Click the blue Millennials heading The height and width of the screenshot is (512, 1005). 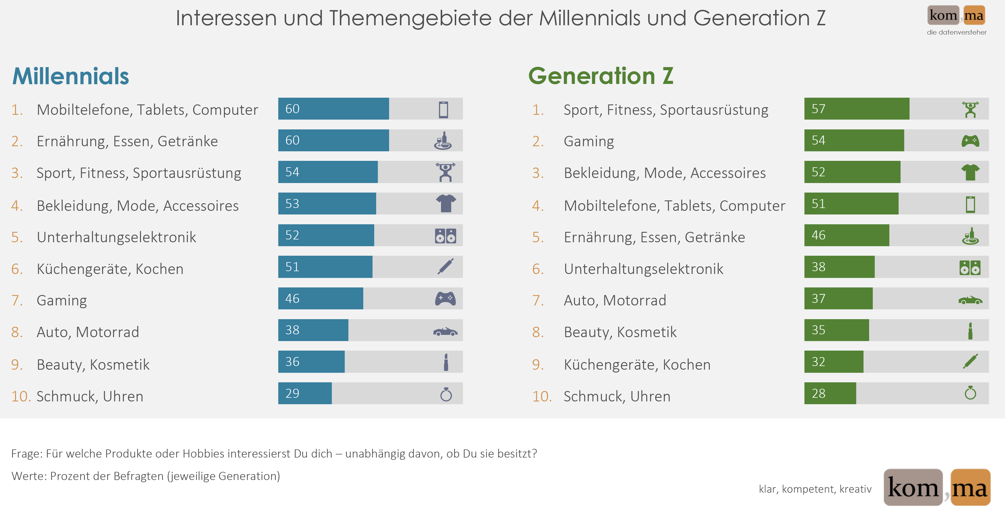tap(71, 76)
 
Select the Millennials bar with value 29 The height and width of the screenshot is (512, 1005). tap(305, 393)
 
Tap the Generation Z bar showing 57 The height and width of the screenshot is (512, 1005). tap(856, 109)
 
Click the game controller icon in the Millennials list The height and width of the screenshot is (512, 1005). tap(445, 299)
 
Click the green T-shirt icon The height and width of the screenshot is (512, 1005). tap(970, 172)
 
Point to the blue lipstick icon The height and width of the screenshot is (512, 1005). tap(446, 362)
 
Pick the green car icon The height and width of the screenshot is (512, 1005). tap(970, 300)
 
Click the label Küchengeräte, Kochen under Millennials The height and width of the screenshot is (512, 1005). tap(110, 269)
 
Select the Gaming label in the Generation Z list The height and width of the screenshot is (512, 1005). tap(589, 141)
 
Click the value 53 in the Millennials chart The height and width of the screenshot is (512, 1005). tap(292, 204)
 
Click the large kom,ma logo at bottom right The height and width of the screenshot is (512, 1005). tap(937, 488)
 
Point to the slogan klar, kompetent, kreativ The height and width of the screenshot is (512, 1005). tap(815, 489)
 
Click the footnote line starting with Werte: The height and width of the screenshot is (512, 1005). tap(145, 476)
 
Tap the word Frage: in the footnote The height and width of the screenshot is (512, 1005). tap(27, 453)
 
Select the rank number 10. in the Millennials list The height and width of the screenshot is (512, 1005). tap(21, 396)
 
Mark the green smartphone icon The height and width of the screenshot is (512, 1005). tap(970, 204)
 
